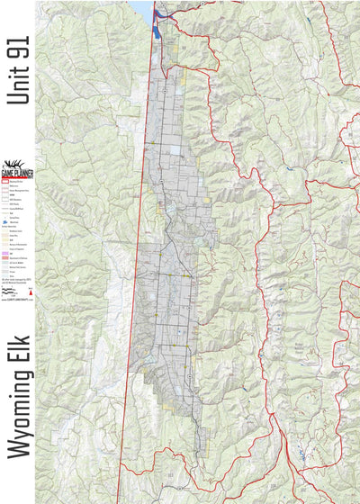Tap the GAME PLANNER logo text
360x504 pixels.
[17, 174]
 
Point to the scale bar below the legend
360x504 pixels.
[12, 292]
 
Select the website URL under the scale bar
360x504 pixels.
[18, 301]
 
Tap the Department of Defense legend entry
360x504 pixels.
[18, 259]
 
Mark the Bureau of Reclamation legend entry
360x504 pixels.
[18, 244]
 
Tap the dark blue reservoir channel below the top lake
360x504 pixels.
[157, 24]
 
